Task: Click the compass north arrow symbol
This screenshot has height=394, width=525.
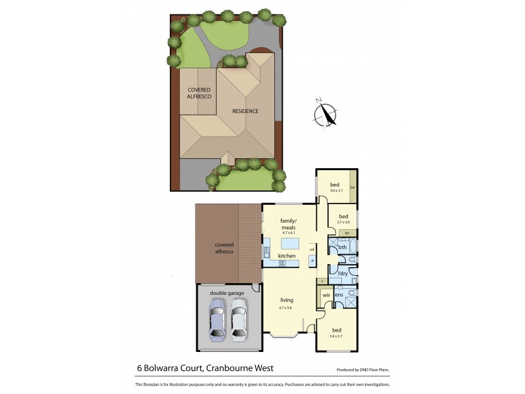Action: click(325, 114)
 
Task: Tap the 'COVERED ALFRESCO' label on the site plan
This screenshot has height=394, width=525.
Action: click(199, 93)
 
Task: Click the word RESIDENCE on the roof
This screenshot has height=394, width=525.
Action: click(245, 111)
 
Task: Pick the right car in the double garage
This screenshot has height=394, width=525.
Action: click(239, 318)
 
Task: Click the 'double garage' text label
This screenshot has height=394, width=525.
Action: click(227, 293)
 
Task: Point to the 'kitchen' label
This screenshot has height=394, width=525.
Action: click(287, 255)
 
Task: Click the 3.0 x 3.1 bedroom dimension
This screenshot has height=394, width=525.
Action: click(336, 190)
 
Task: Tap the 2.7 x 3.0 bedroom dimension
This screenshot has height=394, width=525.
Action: click(343, 223)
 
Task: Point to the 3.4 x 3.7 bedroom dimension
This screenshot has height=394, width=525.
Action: click(336, 336)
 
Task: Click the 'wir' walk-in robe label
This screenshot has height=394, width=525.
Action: click(325, 295)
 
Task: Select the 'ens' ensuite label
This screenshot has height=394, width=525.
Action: click(339, 295)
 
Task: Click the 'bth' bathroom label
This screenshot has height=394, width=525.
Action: click(342, 247)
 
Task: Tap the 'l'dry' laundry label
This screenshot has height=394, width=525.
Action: click(342, 273)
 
